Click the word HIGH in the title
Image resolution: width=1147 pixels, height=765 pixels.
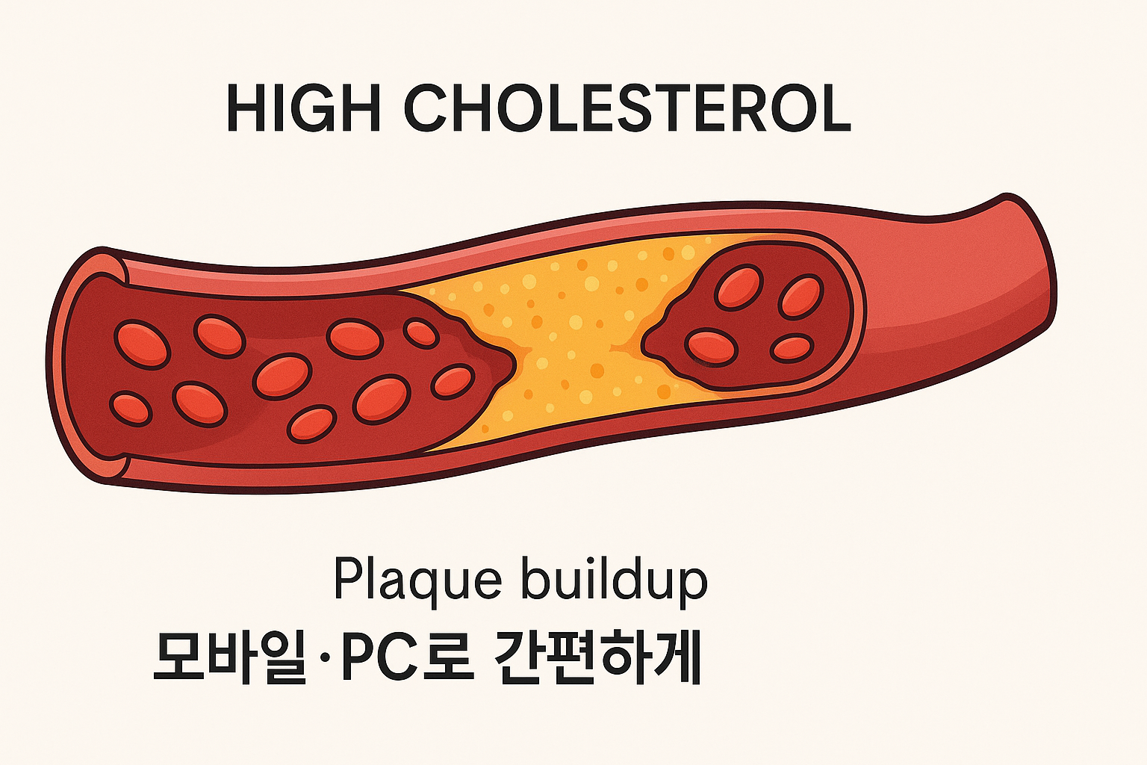[302, 109]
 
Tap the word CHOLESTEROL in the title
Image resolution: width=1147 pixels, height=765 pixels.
[627, 109]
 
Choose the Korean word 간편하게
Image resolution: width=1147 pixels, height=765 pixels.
[597, 657]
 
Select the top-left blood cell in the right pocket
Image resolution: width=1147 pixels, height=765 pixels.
[739, 288]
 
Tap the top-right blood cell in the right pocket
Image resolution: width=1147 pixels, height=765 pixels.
[801, 296]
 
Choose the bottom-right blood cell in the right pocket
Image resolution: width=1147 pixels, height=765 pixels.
[792, 348]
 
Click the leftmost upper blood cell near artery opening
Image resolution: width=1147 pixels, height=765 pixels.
[142, 344]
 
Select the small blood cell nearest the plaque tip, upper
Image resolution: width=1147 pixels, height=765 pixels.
[421, 332]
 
